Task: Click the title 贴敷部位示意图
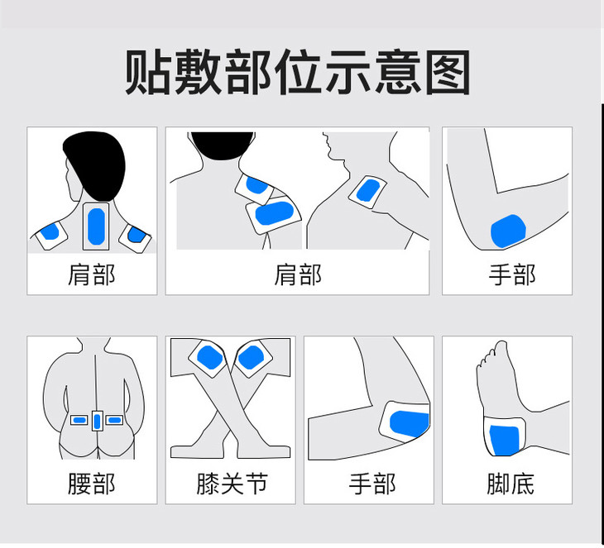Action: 297,72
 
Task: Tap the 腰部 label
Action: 92,484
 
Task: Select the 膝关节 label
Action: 232,484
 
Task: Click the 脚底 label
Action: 511,484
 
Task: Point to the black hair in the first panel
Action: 95,164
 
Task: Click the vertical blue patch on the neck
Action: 96,226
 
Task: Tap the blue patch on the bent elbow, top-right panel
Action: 508,231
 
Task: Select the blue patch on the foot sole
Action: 504,441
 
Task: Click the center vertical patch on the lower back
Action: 97,422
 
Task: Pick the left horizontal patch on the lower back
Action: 79,420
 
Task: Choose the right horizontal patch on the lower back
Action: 114,420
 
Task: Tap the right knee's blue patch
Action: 251,357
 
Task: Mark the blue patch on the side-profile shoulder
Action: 368,190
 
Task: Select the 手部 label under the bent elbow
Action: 512,274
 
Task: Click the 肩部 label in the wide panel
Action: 297,274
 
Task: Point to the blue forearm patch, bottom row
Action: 409,424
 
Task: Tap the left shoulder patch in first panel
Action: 50,232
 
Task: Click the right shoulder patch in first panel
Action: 136,235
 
